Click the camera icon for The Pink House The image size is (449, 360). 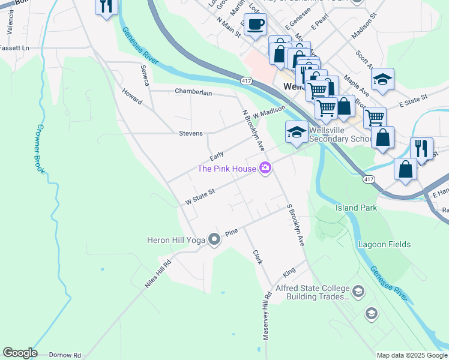point(265,168)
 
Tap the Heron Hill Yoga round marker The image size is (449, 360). point(214,240)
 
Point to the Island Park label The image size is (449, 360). point(356,208)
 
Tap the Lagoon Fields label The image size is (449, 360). point(384,244)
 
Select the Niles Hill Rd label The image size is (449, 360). point(158,274)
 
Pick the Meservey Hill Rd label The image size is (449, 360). point(267,316)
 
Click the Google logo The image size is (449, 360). point(20,353)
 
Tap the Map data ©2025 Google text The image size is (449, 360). point(411,355)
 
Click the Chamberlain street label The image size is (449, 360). point(194,91)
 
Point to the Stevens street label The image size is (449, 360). point(190,133)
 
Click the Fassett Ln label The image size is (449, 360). point(14,47)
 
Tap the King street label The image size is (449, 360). point(289,272)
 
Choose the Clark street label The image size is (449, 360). point(258,257)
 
